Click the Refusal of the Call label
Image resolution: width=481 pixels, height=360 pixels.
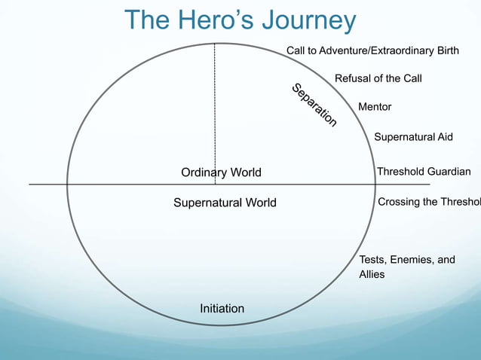pyautogui.click(x=378, y=78)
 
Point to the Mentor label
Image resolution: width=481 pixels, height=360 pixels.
pyautogui.click(x=375, y=107)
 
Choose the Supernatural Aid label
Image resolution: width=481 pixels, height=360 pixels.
pyautogui.click(x=414, y=136)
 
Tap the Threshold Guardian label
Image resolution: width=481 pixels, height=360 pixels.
pyautogui.click(x=424, y=172)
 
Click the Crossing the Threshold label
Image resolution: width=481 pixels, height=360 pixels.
pyautogui.click(x=429, y=202)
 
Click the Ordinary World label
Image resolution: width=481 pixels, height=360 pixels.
pyautogui.click(x=221, y=172)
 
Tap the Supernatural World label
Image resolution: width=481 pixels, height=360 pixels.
pyautogui.click(x=225, y=203)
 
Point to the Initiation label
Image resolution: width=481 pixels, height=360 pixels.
pyautogui.click(x=222, y=309)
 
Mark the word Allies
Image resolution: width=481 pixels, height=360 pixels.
pyautogui.click(x=372, y=274)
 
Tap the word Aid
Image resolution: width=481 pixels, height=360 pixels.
pyautogui.click(x=445, y=136)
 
